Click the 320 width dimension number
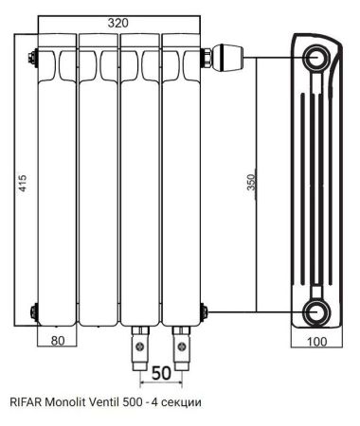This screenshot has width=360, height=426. (x=118, y=23)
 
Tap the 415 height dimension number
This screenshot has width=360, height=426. (x=23, y=183)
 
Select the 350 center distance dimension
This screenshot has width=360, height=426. (x=251, y=182)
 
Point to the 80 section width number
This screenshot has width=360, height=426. (x=58, y=341)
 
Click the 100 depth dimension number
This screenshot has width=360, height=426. (x=316, y=342)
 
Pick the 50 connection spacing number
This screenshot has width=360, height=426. (x=161, y=373)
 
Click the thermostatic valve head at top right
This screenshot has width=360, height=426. (x=228, y=58)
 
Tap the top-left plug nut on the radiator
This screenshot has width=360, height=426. (x=32, y=58)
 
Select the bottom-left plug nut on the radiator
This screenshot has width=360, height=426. (x=34, y=311)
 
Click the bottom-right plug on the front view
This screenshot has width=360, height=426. (x=204, y=311)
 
